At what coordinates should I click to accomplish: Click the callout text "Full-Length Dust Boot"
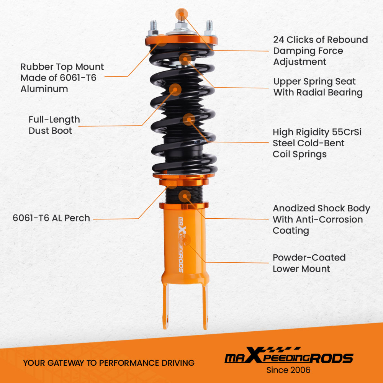point(54,125)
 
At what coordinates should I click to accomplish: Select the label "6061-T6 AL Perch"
point(51,218)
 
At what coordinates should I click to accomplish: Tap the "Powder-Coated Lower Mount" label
point(309,263)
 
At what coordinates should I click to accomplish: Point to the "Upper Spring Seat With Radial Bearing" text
point(318,87)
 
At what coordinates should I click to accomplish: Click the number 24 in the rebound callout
point(280,40)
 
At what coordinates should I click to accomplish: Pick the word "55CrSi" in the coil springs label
point(347,132)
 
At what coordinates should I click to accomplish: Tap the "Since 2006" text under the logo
point(288,370)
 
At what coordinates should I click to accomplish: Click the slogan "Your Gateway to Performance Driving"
point(109,363)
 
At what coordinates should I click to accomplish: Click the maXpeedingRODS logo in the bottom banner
point(288,357)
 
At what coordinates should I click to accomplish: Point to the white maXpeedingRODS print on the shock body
point(182,245)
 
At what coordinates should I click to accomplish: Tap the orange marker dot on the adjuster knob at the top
point(182,14)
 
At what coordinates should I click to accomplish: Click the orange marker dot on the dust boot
point(175,90)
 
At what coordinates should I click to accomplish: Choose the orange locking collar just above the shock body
point(184,206)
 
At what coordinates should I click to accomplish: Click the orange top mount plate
point(182,40)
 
